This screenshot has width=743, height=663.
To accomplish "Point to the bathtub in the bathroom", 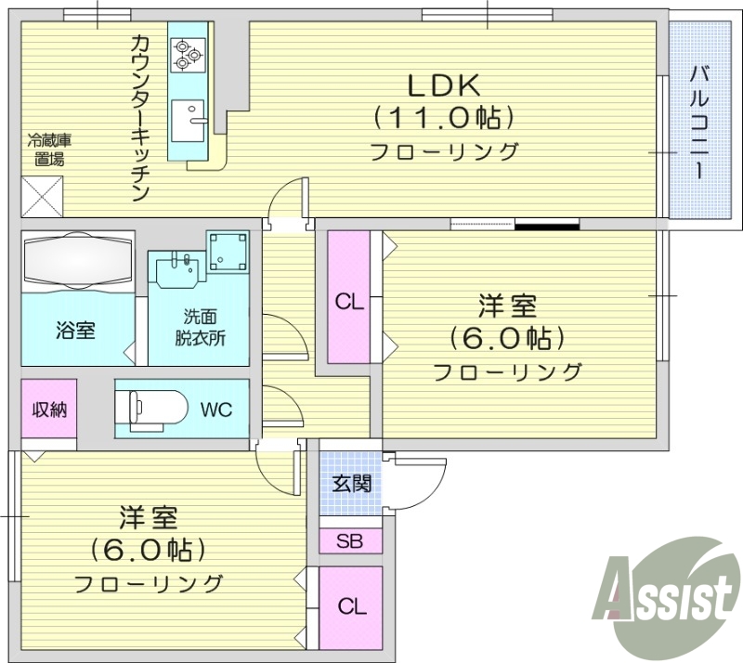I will click(77, 261).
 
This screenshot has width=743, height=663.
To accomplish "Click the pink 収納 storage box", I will click(49, 409).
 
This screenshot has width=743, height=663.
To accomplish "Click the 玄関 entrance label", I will click(351, 483).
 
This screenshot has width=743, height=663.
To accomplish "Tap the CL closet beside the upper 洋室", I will click(348, 302).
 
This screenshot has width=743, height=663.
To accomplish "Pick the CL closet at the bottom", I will click(350, 607).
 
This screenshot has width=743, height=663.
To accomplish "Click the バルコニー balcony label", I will click(701, 121).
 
